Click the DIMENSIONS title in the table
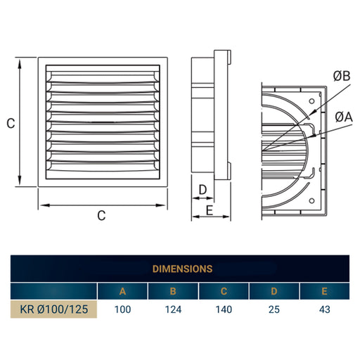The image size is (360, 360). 183,268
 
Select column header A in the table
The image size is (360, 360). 122,291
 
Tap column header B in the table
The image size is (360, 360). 173,291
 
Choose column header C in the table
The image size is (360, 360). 224,291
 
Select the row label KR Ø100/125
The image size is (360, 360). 53,308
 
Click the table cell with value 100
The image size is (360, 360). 122,308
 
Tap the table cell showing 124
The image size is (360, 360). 173,308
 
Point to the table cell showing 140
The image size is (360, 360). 224,308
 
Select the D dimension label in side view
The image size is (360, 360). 202,190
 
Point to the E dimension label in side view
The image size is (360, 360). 209,210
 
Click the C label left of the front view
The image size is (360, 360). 11,123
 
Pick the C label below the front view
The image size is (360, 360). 101,216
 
